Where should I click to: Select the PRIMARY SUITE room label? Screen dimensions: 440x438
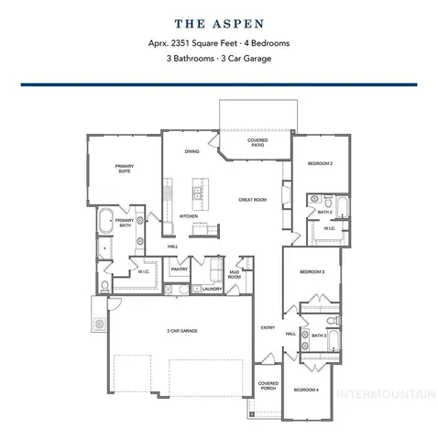click(x=124, y=168)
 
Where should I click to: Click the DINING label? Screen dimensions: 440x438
click(x=192, y=150)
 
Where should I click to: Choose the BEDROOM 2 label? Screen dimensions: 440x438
click(x=319, y=163)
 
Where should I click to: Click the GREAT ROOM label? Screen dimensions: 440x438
click(x=252, y=199)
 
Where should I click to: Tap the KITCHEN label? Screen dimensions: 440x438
click(x=189, y=216)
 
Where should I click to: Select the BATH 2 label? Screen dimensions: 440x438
click(x=324, y=212)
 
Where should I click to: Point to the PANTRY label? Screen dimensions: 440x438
click(x=179, y=269)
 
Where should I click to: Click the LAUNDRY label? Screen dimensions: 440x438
click(x=213, y=289)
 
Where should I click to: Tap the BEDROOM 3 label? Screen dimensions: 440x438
click(x=312, y=272)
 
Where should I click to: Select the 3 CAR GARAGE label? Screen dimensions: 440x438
click(x=182, y=330)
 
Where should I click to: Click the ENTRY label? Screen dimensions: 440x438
click(x=268, y=327)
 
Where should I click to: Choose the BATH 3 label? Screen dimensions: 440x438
click(x=318, y=335)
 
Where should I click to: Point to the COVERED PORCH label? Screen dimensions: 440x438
click(x=268, y=386)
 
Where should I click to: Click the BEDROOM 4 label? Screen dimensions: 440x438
click(x=305, y=390)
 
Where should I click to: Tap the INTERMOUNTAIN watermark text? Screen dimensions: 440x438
click(x=385, y=396)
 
